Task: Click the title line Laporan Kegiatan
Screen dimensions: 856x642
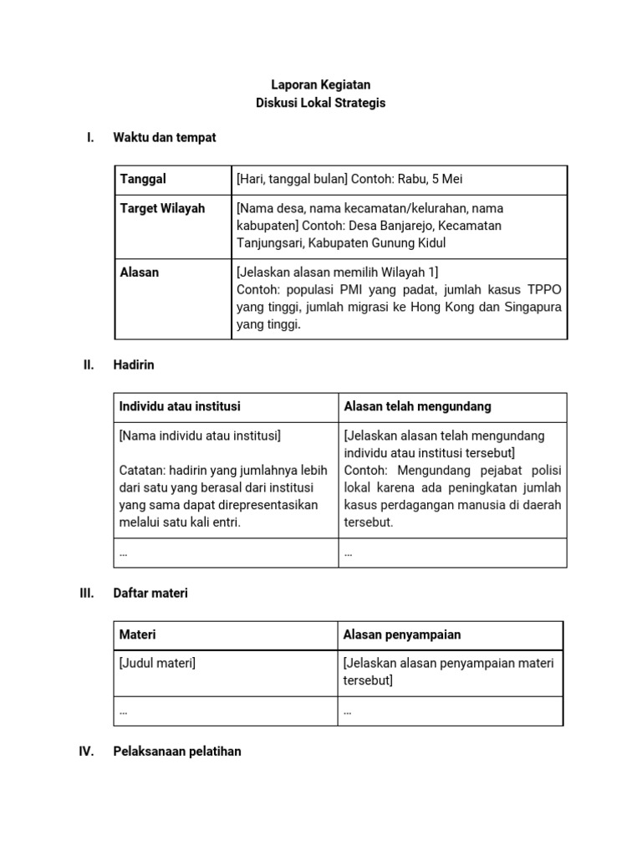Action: point(320,84)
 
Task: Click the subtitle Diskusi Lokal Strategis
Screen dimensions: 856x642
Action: point(320,103)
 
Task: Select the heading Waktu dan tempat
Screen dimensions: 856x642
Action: point(164,137)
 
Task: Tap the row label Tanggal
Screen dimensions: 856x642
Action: point(143,179)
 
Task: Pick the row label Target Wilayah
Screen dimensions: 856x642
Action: point(162,208)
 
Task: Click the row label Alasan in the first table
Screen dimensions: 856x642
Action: point(140,272)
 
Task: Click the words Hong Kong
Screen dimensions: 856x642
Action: point(444,307)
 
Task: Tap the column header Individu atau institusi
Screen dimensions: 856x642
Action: point(180,406)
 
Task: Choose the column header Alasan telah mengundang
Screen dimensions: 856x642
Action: point(417,406)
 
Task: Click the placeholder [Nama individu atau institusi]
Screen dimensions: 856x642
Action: point(200,436)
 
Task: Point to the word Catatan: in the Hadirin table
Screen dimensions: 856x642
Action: point(143,471)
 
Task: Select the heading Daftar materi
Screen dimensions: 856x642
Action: point(150,593)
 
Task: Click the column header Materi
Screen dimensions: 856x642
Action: point(138,634)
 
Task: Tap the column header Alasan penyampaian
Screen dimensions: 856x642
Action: point(402,634)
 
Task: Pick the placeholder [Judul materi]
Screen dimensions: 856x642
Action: point(157,663)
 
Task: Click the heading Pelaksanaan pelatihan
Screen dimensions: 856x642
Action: point(176,752)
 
